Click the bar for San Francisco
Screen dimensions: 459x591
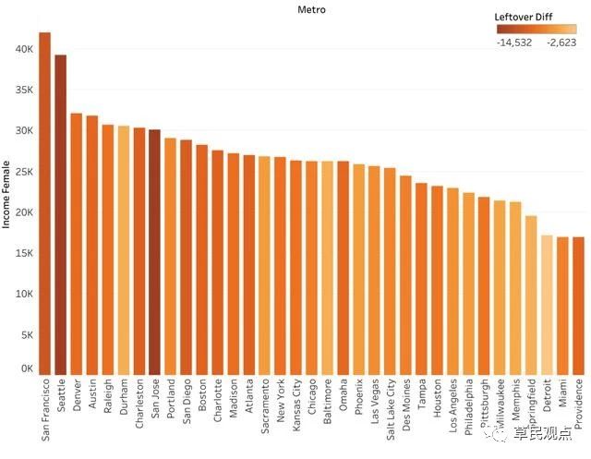pos(44,203)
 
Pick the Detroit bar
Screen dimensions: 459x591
pos(547,304)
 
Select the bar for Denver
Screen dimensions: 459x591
pos(77,244)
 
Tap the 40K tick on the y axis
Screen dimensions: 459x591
pos(22,48)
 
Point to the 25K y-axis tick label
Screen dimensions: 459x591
pos(22,171)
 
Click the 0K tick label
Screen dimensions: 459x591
pos(25,368)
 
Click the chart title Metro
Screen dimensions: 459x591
pos(311,9)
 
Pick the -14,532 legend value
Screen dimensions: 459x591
pos(513,42)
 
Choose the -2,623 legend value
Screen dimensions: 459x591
pos(561,42)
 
